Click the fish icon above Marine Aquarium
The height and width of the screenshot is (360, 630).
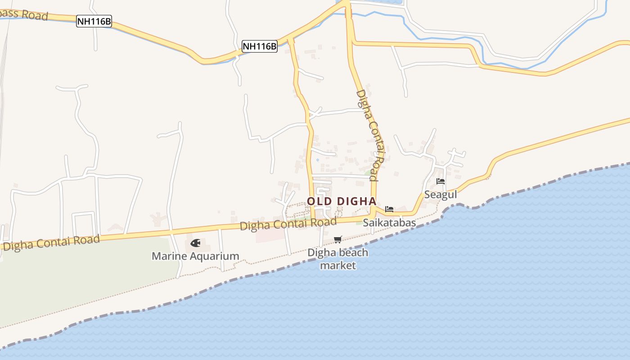pyautogui.click(x=195, y=243)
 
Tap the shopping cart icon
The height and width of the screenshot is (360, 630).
pyautogui.click(x=338, y=239)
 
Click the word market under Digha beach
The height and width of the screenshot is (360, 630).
pyautogui.click(x=338, y=265)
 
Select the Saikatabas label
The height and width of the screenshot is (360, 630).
pyautogui.click(x=389, y=223)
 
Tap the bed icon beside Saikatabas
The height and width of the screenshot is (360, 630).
pyautogui.click(x=389, y=209)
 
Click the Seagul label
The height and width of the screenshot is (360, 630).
pyautogui.click(x=441, y=195)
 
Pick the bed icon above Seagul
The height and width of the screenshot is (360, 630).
pyautogui.click(x=441, y=181)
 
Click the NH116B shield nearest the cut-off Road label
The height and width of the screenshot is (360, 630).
pyautogui.click(x=94, y=21)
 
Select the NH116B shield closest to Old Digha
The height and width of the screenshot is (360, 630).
pyautogui.click(x=260, y=46)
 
